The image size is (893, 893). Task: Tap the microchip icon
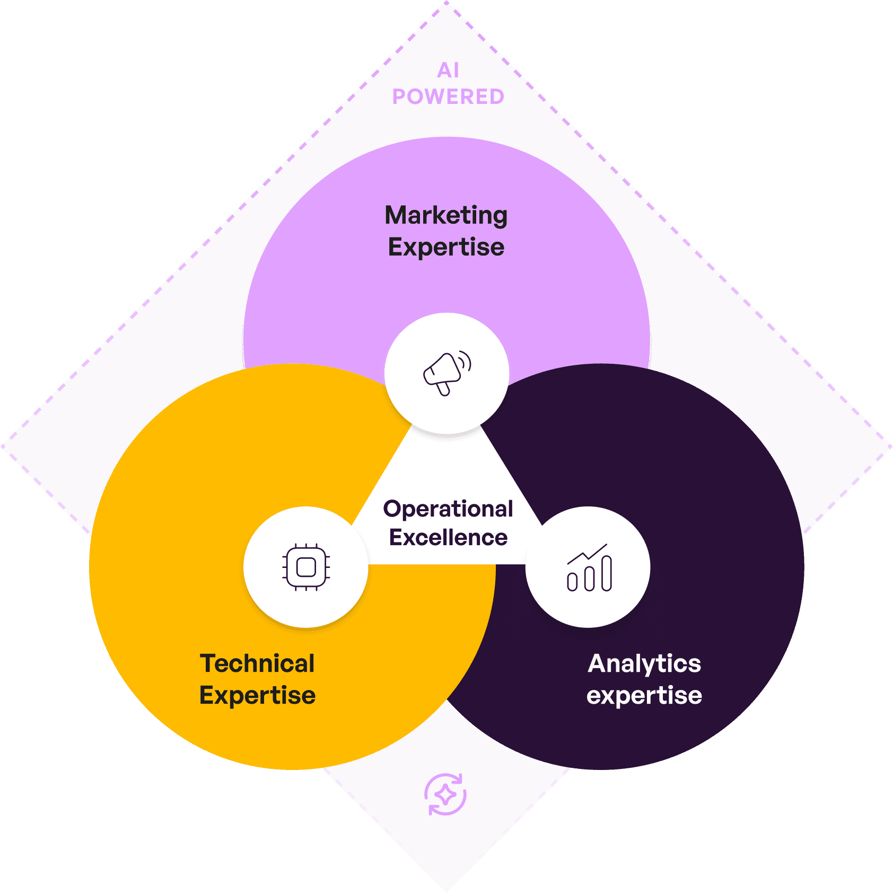coord(306,567)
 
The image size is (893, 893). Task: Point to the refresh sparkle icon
coord(445,794)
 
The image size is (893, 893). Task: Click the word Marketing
coord(446,215)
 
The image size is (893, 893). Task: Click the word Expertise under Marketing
coord(446,247)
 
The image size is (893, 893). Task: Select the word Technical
coord(257,663)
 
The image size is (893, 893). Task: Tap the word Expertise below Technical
coord(257,695)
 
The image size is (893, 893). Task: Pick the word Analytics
coord(644,663)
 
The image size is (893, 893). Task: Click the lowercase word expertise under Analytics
coord(644,695)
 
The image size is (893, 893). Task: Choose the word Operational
coord(448,509)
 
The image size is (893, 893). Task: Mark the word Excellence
coord(448,538)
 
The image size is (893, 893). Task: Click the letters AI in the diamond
coord(448,71)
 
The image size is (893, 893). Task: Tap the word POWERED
coord(448,97)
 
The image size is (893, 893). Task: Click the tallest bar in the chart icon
coord(607,573)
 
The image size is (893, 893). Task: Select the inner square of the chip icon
coord(306,567)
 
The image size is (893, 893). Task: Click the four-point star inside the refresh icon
coord(445,795)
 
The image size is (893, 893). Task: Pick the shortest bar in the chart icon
coord(572,582)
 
